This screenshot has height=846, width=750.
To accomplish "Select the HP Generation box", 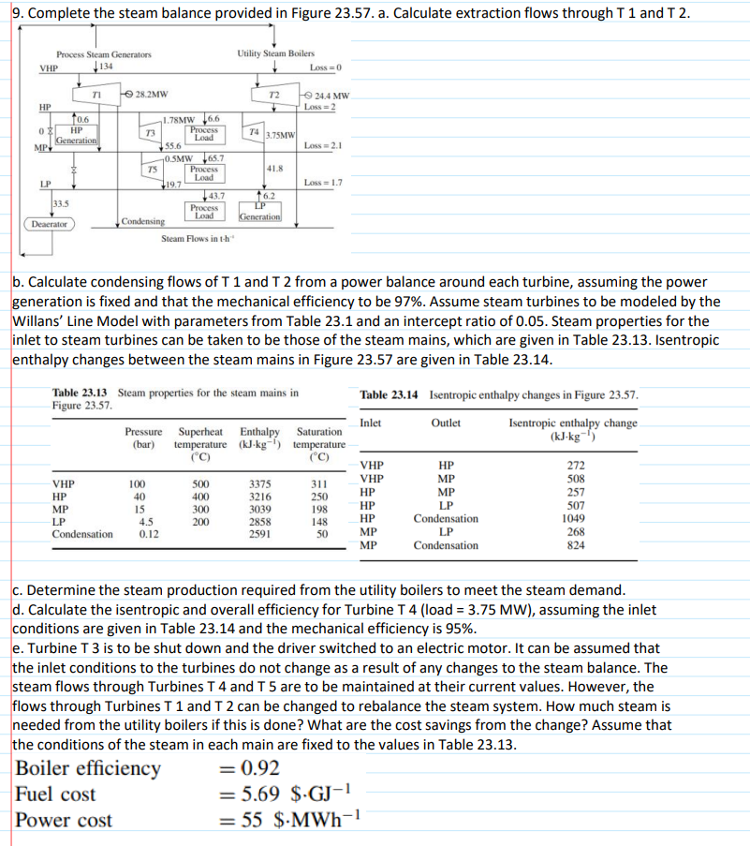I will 76,135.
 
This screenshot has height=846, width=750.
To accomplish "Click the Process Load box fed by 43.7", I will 203,212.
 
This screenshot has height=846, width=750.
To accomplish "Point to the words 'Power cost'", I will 64,821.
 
